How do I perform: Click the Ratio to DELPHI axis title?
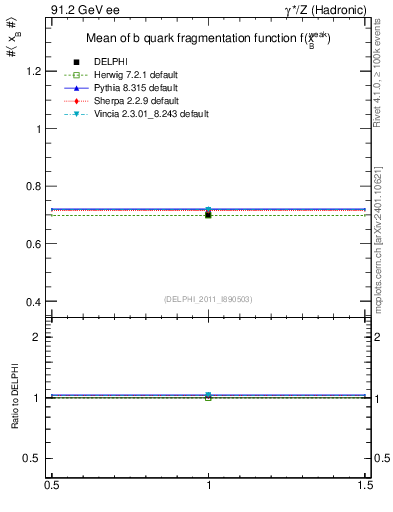pyautogui.click(x=16, y=399)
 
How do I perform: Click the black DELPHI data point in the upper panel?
pyautogui.click(x=208, y=215)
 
